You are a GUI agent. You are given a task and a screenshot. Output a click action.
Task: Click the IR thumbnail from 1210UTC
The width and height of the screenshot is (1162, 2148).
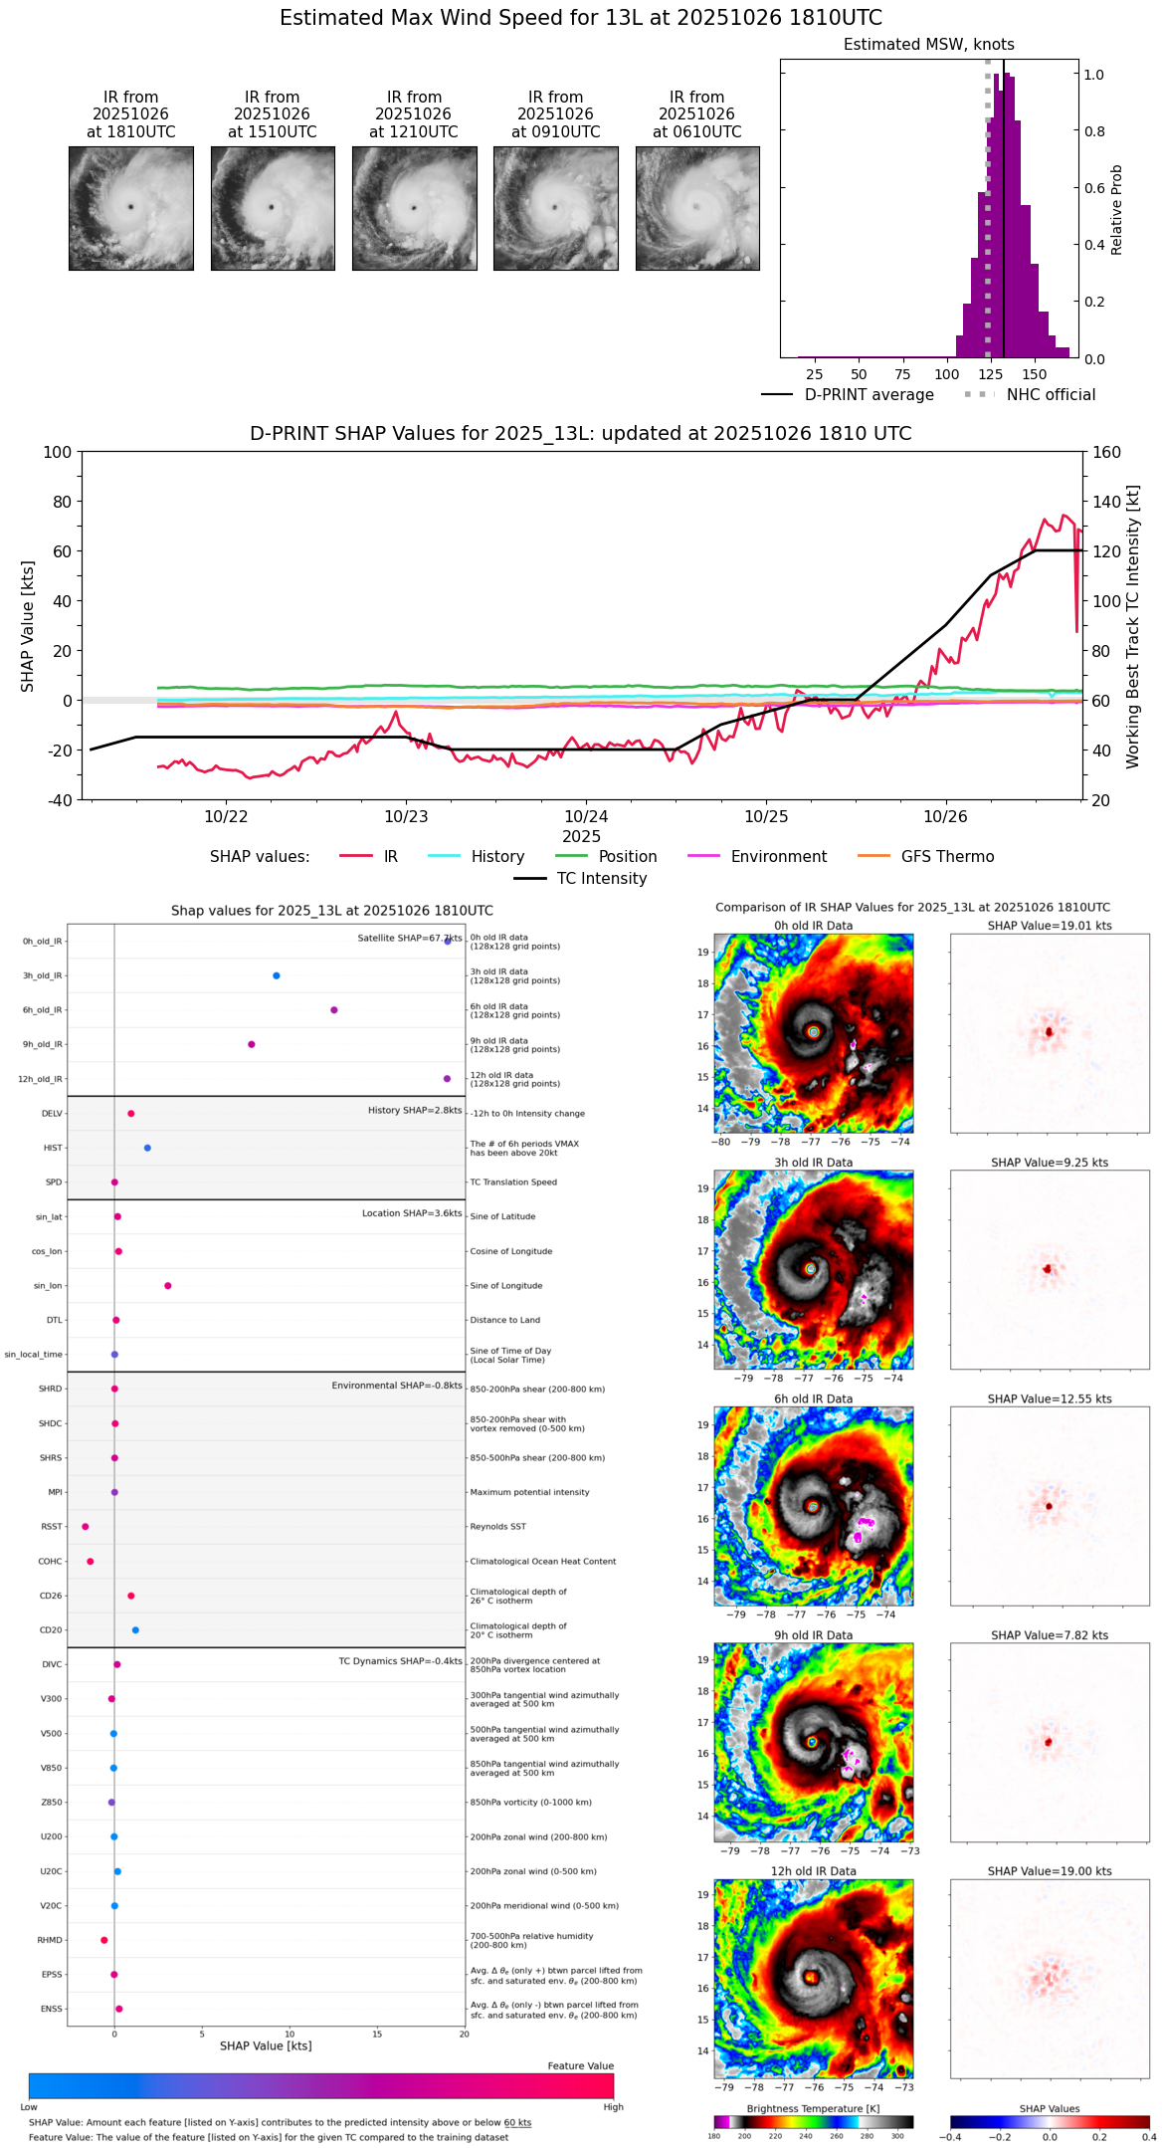click(414, 208)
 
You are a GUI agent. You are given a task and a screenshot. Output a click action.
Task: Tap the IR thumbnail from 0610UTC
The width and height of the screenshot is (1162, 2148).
click(697, 208)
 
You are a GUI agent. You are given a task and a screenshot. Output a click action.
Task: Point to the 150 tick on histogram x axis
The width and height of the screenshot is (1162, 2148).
click(1035, 375)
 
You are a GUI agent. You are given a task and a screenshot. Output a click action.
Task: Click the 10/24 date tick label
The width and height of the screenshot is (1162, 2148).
click(586, 817)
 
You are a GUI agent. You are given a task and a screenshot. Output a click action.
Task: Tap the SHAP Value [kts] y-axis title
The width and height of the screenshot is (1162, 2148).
click(28, 626)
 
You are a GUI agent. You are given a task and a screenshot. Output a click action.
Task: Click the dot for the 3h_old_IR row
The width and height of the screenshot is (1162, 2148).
click(277, 975)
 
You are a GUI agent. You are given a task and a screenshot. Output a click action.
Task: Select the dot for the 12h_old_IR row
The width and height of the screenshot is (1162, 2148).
click(447, 1079)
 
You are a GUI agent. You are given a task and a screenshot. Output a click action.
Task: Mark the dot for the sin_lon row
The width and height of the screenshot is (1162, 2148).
click(168, 1286)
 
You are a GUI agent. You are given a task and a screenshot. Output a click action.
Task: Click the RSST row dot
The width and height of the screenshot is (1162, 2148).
click(86, 1527)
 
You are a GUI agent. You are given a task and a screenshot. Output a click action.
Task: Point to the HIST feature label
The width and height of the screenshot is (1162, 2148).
click(53, 1149)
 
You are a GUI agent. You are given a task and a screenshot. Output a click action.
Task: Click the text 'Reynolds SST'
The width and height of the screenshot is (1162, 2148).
click(498, 1527)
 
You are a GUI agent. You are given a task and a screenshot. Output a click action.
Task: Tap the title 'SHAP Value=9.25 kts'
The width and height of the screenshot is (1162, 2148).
click(1050, 1163)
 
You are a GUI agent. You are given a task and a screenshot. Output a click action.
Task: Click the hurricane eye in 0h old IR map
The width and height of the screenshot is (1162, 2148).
click(814, 1032)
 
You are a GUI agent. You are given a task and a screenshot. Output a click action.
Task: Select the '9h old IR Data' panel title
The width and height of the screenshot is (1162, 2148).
click(813, 1635)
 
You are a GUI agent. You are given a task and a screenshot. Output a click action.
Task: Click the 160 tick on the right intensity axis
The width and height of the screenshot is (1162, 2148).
click(1106, 453)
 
